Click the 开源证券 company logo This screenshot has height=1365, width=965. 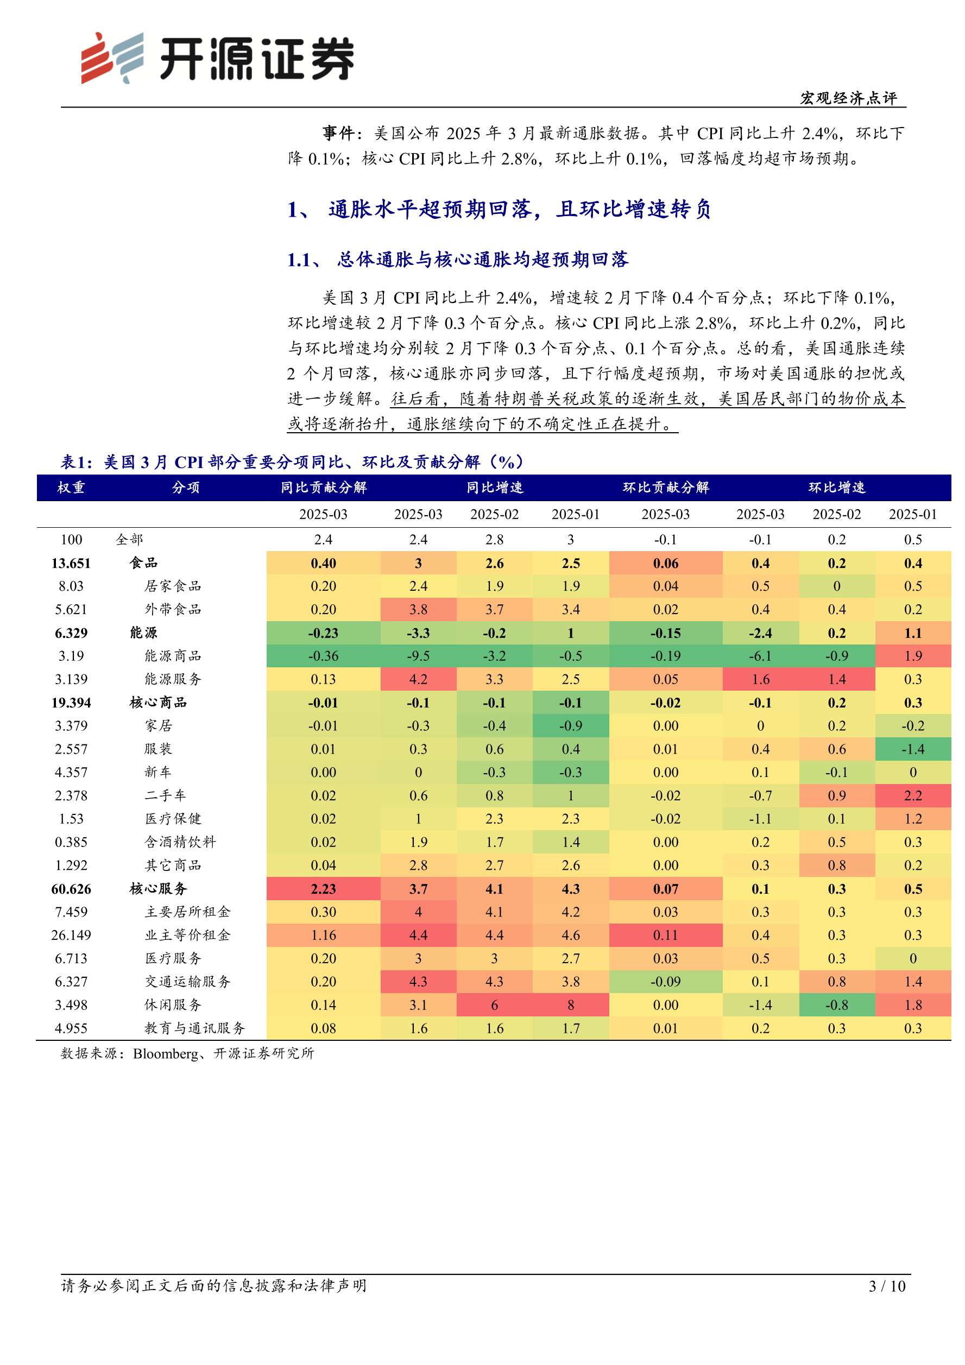coord(218,58)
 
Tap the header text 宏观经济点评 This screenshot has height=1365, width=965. coord(848,98)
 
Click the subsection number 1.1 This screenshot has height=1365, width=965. coord(299,260)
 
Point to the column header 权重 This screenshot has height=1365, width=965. coord(71,488)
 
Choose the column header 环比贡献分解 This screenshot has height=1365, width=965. coord(665,488)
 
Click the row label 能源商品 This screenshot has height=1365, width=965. coord(173,656)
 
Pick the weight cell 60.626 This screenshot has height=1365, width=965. coord(71,889)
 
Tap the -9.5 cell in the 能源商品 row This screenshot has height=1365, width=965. coord(418,656)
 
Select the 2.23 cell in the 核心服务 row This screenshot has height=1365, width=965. coord(323,889)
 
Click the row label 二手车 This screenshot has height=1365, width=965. coord(165,795)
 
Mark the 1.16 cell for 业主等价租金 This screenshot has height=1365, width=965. coord(323,935)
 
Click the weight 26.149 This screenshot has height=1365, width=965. coord(71,935)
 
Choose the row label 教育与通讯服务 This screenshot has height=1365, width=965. coord(194,1028)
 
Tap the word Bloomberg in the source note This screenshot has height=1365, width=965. coord(166,1053)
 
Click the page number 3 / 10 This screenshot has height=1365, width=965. coord(886,1286)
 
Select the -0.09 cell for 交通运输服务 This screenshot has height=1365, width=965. coord(665,982)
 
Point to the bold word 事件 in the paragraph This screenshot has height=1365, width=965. coord(338,133)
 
